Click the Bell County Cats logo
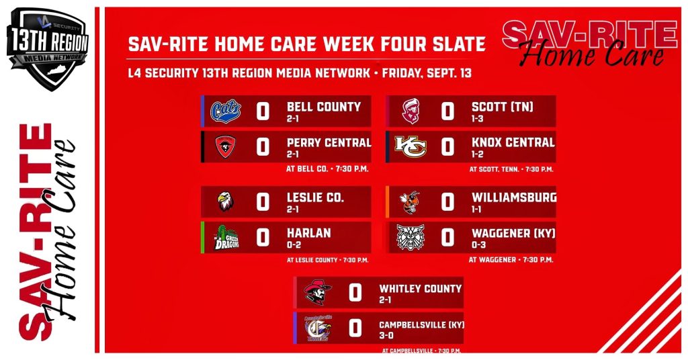tap(226, 111)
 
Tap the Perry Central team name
tap(329, 142)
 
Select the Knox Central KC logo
tap(411, 146)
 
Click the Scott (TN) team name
tap(503, 107)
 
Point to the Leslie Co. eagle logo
tap(226, 201)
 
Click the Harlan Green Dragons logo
tap(226, 238)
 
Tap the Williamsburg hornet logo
tap(410, 202)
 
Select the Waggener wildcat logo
tap(411, 237)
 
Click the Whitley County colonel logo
tap(318, 292)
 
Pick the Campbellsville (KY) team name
tap(421, 325)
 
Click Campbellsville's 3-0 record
tap(386, 335)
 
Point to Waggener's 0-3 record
tap(478, 244)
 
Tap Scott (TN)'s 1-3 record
tap(478, 118)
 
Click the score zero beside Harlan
tap(263, 238)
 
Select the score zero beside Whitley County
tap(355, 293)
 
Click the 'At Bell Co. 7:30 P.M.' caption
tap(327, 169)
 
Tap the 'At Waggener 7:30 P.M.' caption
tap(511, 259)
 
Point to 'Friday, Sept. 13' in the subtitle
tap(427, 73)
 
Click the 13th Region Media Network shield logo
tap(48, 48)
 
